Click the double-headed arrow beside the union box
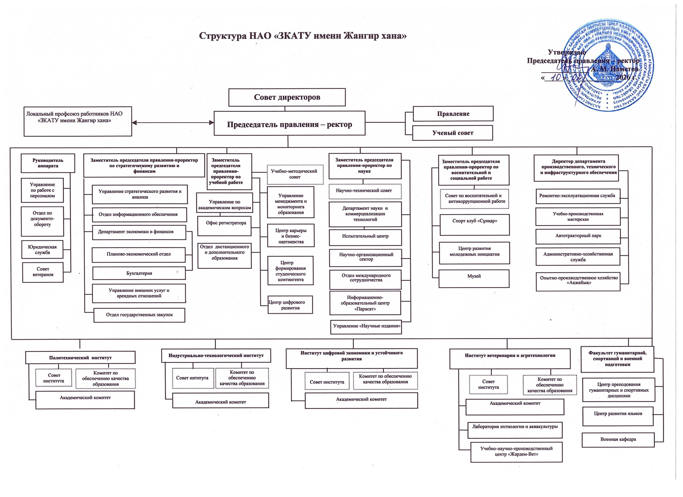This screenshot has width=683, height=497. pos(173,123)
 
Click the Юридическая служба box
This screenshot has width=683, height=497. pos(42,249)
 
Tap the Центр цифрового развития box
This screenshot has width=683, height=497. pos(290,305)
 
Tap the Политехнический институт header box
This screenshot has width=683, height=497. pos(80,358)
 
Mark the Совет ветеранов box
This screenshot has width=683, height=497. pos(43,272)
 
